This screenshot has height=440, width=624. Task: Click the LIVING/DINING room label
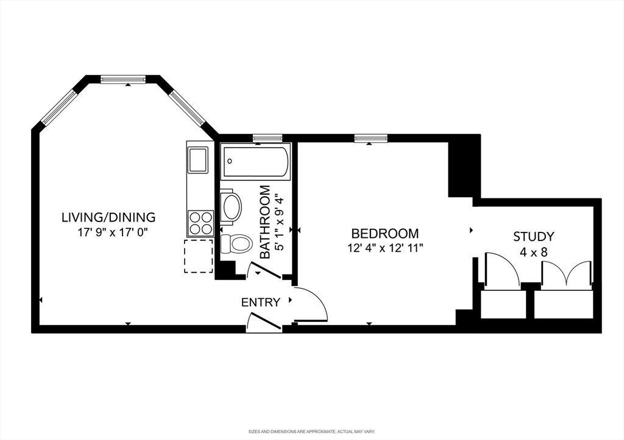(x=108, y=217)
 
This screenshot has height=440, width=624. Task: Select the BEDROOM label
(x=385, y=233)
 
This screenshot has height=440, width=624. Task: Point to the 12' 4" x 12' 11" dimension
(x=385, y=248)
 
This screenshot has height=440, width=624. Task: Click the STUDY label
(x=533, y=236)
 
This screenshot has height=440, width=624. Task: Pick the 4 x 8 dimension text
(x=533, y=251)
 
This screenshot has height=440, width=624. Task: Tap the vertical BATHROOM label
(x=265, y=222)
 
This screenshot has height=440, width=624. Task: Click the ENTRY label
(x=261, y=302)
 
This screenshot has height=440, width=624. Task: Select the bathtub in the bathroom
(x=255, y=161)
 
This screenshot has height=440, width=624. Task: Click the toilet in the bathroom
(x=237, y=243)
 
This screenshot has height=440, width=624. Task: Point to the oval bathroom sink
(x=232, y=207)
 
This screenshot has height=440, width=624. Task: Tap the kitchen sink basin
(x=198, y=160)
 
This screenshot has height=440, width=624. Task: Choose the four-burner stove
(x=200, y=222)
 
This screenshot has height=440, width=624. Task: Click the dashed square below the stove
(x=199, y=256)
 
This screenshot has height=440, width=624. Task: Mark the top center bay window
(x=123, y=79)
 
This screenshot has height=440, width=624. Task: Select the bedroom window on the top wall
(x=371, y=138)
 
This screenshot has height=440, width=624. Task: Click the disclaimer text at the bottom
(x=311, y=431)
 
